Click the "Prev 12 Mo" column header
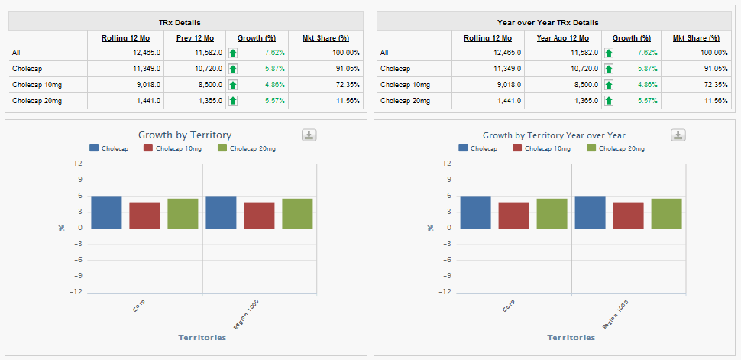pyautogui.click(x=194, y=37)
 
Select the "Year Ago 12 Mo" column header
pyautogui.click(x=562, y=37)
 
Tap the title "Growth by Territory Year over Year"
pyautogui.click(x=554, y=135)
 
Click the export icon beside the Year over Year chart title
pyautogui.click(x=678, y=135)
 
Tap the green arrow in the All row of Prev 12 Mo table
pyautogui.click(x=233, y=53)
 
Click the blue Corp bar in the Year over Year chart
pyautogui.click(x=475, y=212)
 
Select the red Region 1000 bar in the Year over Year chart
pyautogui.click(x=628, y=216)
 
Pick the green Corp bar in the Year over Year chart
pyautogui.click(x=552, y=213)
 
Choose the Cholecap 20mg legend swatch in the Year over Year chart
pyautogui.click(x=592, y=148)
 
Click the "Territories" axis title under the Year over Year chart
pyautogui.click(x=571, y=337)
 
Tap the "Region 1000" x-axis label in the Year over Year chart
pyautogui.click(x=616, y=313)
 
